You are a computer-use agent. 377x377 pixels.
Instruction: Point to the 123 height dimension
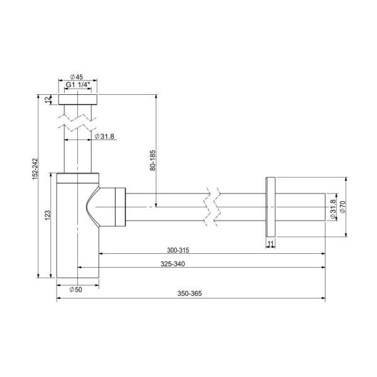pos(48,216)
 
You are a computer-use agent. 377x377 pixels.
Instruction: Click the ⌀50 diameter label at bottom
pos(75,290)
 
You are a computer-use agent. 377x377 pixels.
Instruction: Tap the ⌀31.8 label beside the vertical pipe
pos(104,136)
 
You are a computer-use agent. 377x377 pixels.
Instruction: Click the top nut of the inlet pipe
pos(79,99)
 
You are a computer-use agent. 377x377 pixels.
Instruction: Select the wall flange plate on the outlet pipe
pos(270,207)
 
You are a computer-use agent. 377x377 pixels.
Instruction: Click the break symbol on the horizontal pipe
pos(211,207)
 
